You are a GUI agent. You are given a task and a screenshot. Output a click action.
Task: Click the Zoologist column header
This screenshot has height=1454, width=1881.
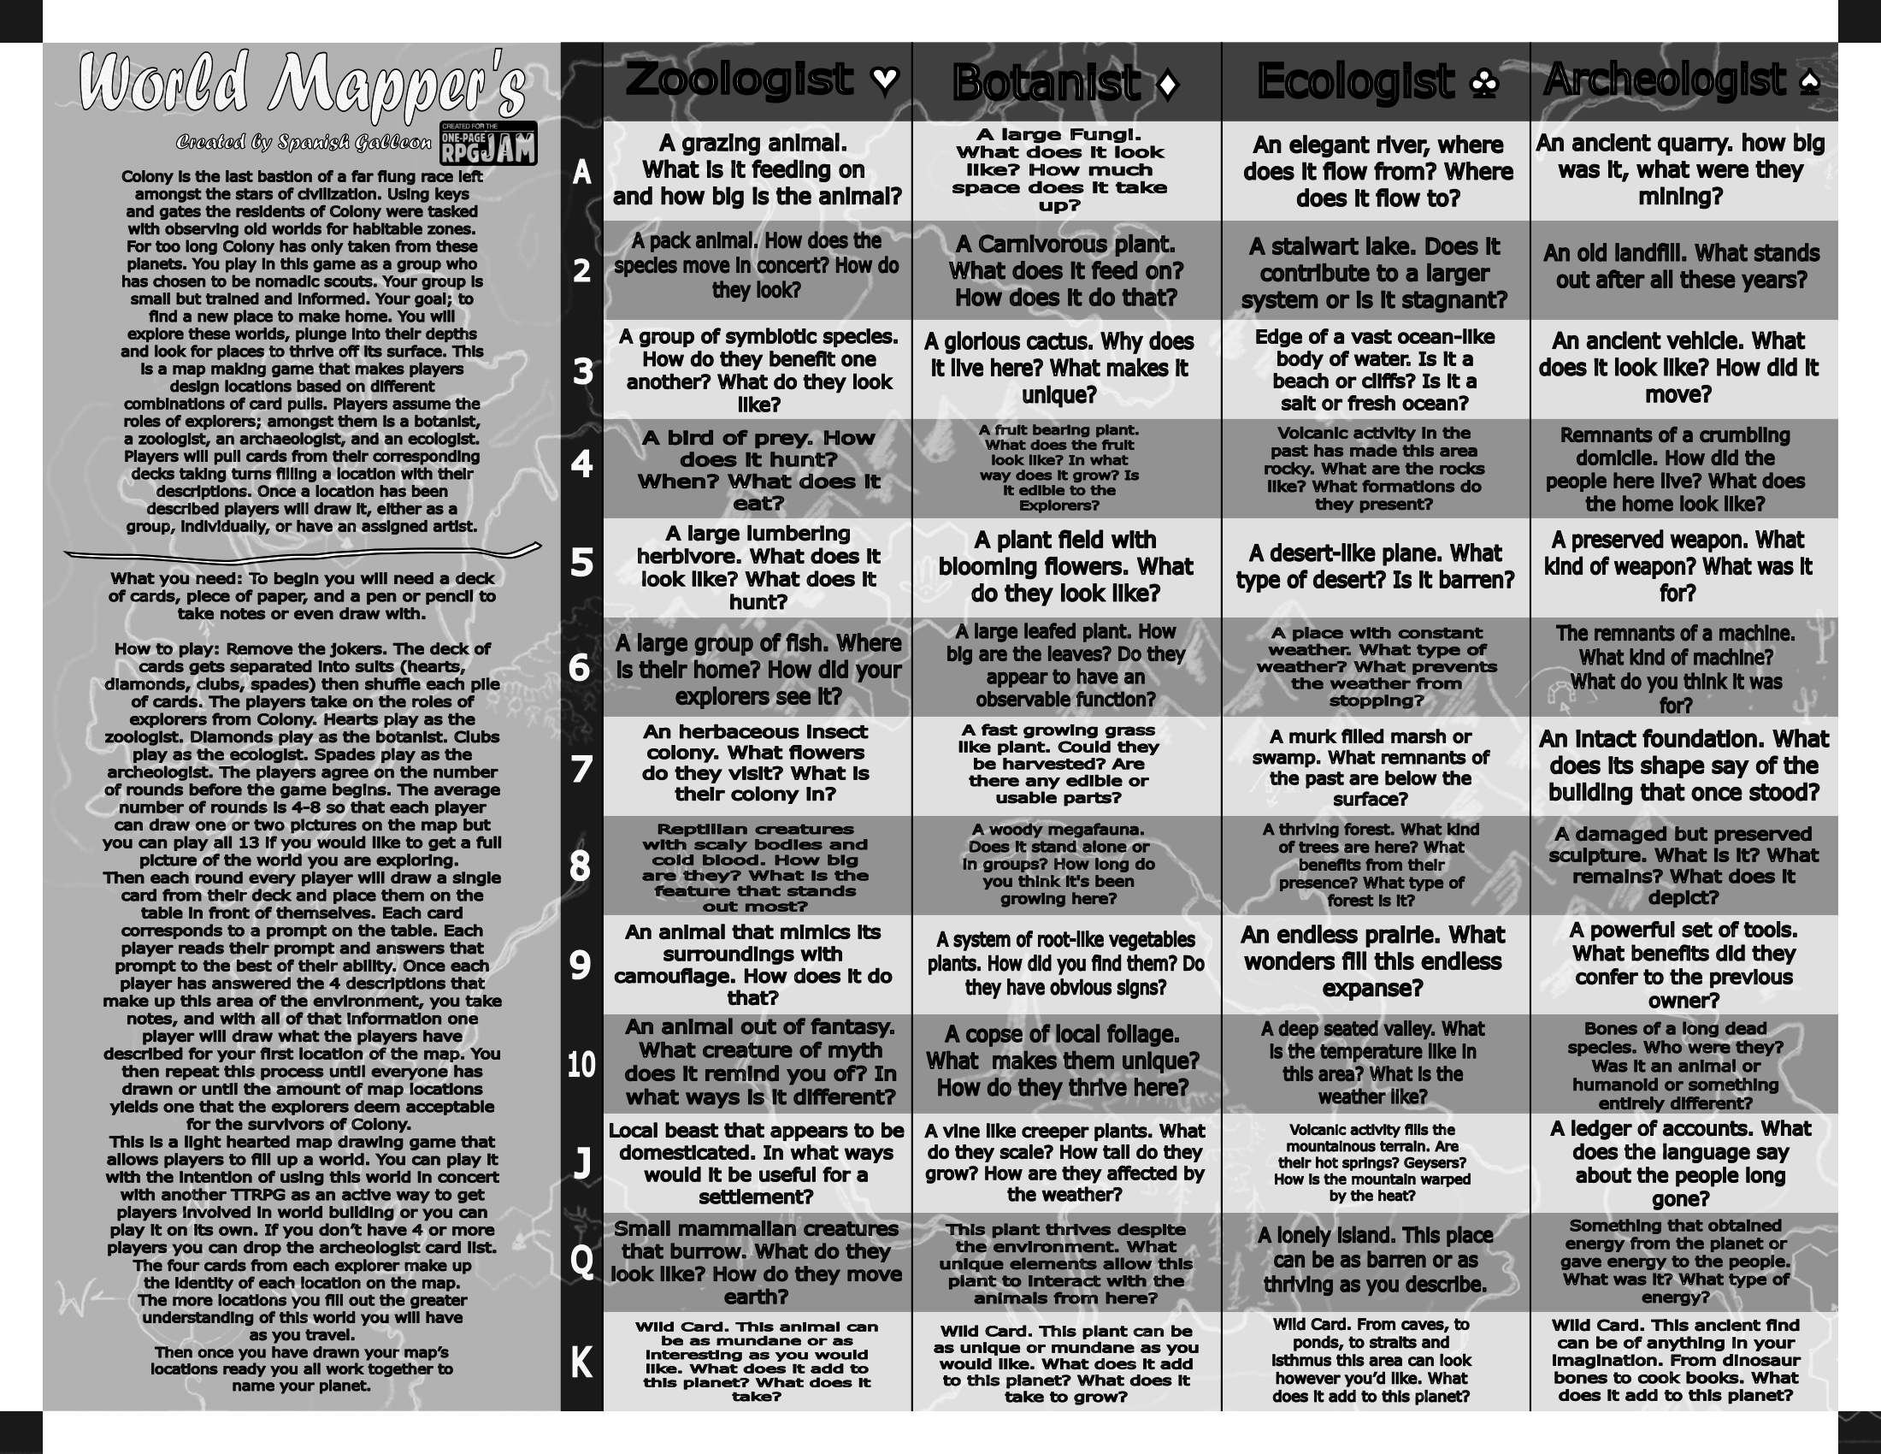[739, 80]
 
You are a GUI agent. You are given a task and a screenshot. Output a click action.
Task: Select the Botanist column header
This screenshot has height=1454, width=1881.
[1046, 84]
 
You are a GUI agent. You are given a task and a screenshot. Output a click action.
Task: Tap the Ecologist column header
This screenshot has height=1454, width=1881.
[1355, 83]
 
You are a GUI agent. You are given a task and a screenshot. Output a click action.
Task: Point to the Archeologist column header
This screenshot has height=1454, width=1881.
[1664, 80]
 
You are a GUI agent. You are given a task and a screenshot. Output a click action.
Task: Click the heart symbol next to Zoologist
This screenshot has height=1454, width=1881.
[885, 80]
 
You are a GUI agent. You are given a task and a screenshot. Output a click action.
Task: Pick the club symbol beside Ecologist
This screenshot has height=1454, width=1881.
[1485, 84]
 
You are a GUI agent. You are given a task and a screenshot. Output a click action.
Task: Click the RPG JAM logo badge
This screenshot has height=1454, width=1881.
[488, 143]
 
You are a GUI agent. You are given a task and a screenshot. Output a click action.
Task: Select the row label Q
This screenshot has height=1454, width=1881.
[581, 1262]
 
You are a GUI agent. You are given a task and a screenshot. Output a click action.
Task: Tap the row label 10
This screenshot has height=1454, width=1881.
[581, 1065]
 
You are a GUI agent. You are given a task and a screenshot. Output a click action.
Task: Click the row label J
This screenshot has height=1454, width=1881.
[581, 1164]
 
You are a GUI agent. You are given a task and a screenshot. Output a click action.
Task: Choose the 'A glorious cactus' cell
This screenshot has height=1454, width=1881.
[1066, 369]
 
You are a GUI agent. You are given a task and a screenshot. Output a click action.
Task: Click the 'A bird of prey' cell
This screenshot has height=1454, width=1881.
[758, 470]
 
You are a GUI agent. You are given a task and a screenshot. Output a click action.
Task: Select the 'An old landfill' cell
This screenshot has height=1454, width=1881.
[1681, 267]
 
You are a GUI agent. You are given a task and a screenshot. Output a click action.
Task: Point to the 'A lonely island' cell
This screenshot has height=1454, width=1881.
[1376, 1260]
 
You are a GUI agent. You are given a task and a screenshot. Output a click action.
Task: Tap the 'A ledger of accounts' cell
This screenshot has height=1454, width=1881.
[1681, 1164]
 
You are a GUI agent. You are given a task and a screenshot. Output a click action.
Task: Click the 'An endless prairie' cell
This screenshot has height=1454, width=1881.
[1375, 962]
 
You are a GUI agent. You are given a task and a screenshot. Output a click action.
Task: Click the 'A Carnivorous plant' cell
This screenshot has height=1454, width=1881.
[1066, 271]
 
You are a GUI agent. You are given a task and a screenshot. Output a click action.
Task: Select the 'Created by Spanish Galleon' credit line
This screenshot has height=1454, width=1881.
[304, 143]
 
